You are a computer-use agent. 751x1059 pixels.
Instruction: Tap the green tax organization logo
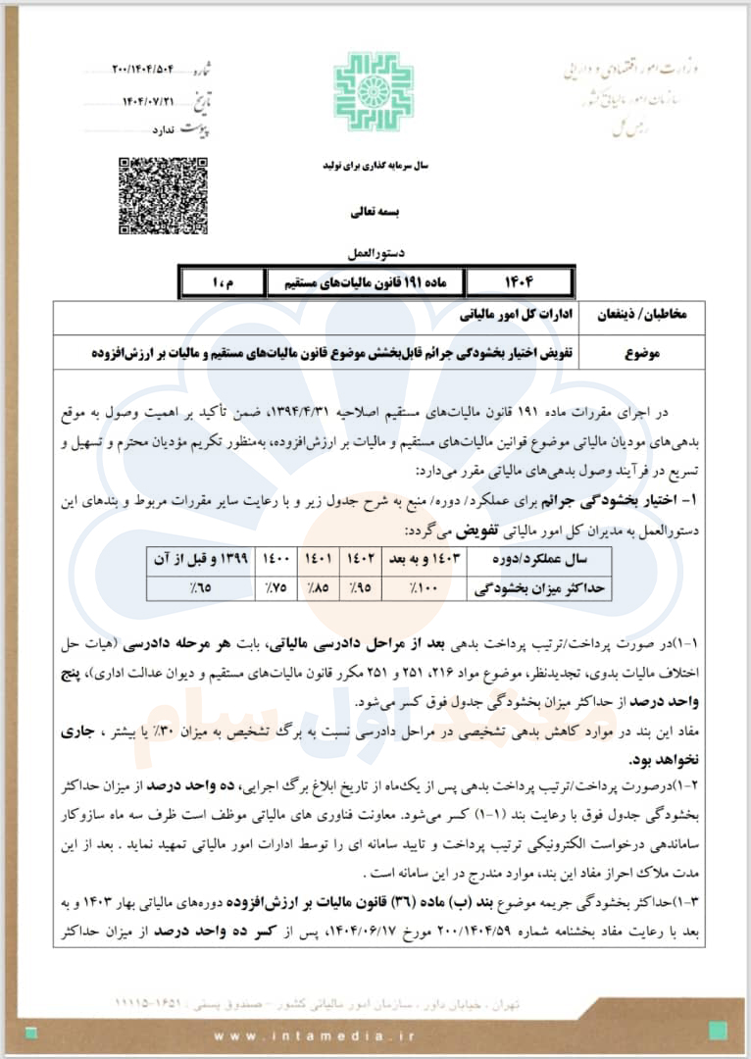point(374,91)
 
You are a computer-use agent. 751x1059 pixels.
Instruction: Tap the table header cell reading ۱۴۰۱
point(320,560)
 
